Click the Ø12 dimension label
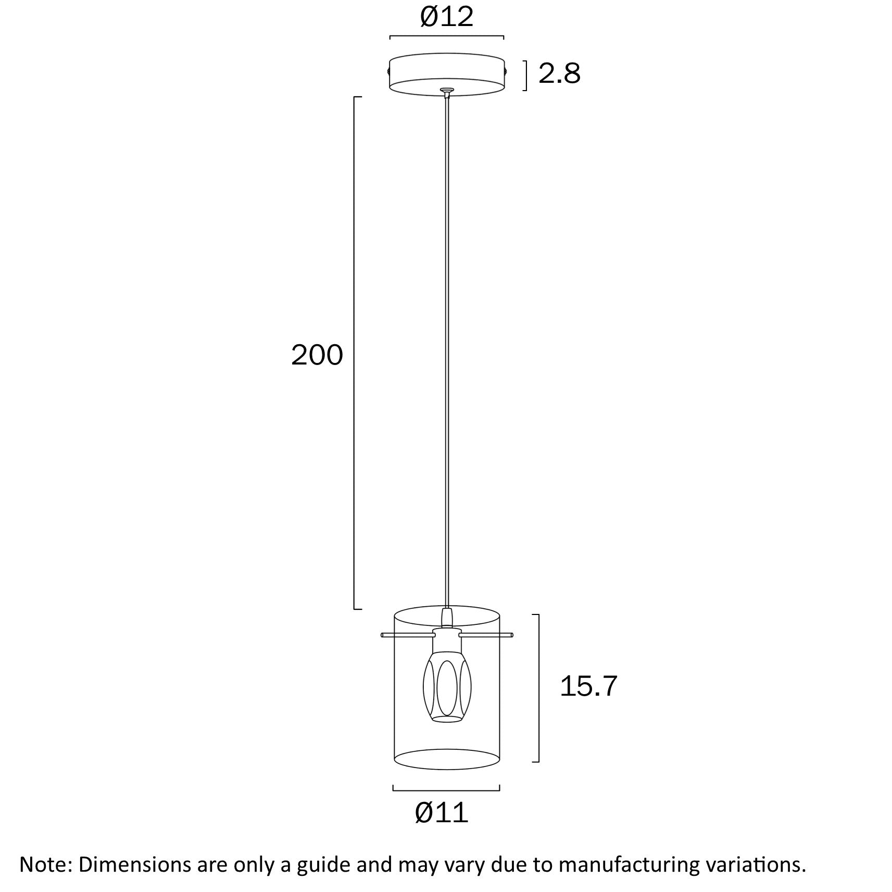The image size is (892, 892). pos(447,17)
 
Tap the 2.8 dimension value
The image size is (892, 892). pos(559,73)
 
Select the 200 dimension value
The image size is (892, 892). pos(317,355)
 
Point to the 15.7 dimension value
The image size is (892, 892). pos(588,686)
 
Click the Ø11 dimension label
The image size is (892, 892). pos(442,812)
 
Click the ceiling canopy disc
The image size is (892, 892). pos(447,74)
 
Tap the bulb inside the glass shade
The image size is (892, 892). pos(447,690)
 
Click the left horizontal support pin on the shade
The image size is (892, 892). pos(408,635)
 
